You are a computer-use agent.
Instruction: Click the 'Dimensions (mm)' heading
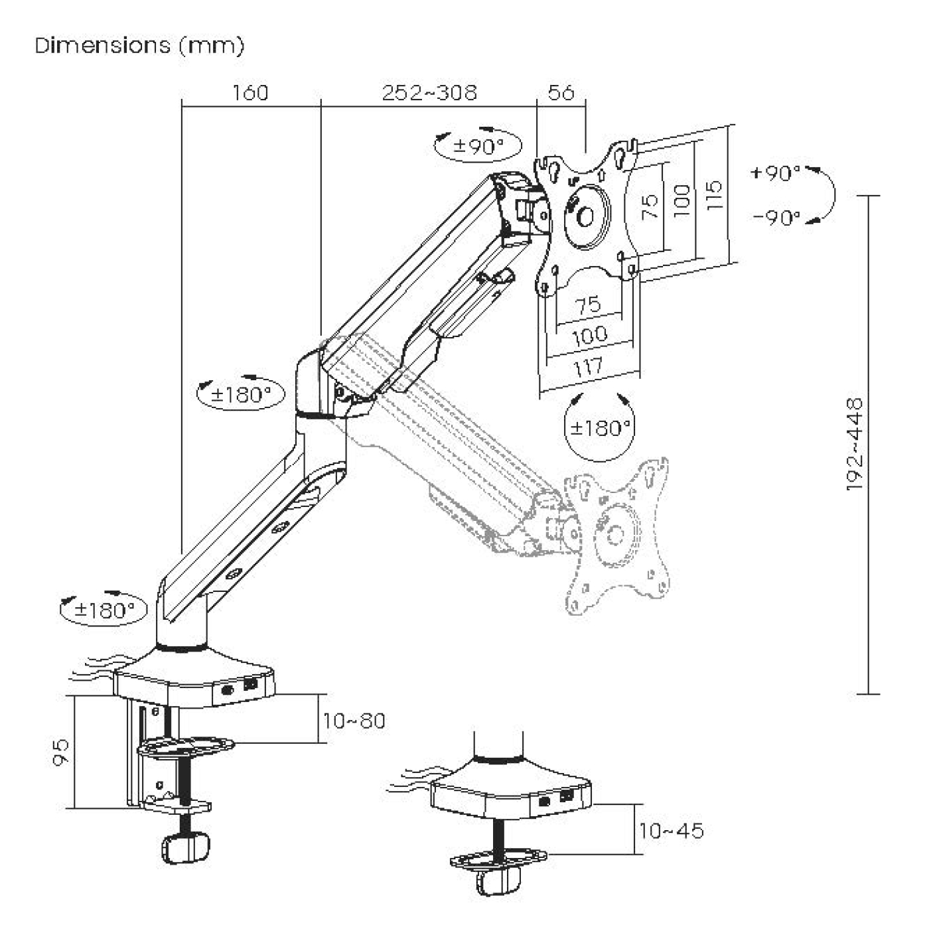tap(139, 46)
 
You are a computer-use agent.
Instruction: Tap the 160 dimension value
tap(250, 92)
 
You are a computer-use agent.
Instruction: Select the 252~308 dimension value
tap(429, 92)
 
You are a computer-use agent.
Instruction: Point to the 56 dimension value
tap(561, 92)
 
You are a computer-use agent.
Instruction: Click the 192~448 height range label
tap(855, 444)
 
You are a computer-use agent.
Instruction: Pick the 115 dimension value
tap(713, 196)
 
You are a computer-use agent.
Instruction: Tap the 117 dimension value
tap(589, 367)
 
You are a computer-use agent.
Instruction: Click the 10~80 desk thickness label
tap(354, 721)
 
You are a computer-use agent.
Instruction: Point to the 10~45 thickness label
tap(671, 830)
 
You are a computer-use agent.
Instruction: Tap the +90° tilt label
tap(776, 173)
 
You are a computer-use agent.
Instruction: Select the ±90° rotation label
tap(478, 146)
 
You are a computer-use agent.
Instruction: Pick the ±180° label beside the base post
tap(105, 610)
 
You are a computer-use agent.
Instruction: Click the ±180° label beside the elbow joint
tap(242, 395)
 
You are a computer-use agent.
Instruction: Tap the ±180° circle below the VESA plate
tap(599, 428)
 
